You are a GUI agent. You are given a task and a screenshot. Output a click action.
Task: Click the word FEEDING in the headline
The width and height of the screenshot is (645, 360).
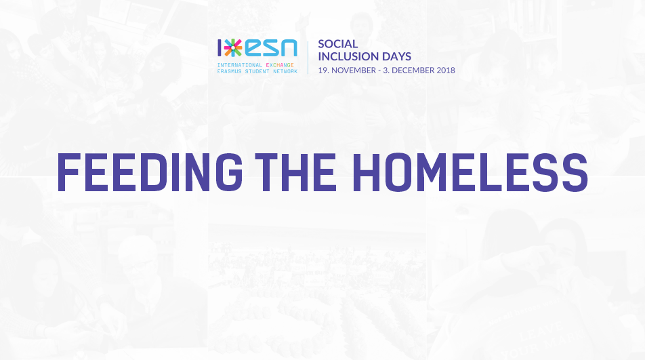[150, 172]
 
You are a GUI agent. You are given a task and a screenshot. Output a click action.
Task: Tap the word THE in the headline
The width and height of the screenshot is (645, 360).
[296, 172]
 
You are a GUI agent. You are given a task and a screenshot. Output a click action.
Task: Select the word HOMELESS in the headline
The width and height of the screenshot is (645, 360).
[470, 172]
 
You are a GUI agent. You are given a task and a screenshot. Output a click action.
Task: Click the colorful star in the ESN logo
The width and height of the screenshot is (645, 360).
[233, 47]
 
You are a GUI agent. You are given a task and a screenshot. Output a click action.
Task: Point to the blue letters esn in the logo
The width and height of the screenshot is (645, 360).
[271, 48]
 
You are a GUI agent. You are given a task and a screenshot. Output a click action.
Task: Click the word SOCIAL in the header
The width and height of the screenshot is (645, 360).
[337, 43]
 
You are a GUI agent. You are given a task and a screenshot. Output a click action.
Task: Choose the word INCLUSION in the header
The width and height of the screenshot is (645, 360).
[346, 56]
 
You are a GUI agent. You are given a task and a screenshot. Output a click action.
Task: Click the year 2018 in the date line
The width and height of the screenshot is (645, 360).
[446, 71]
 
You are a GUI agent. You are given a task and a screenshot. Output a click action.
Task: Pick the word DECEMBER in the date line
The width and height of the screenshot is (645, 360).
[413, 71]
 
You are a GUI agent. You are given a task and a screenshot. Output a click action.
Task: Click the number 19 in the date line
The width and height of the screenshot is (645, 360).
[323, 71]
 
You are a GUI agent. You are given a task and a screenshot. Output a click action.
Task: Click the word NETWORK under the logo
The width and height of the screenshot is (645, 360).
[285, 71]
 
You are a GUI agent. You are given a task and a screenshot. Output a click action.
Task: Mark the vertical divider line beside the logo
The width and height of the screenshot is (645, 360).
[308, 58]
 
